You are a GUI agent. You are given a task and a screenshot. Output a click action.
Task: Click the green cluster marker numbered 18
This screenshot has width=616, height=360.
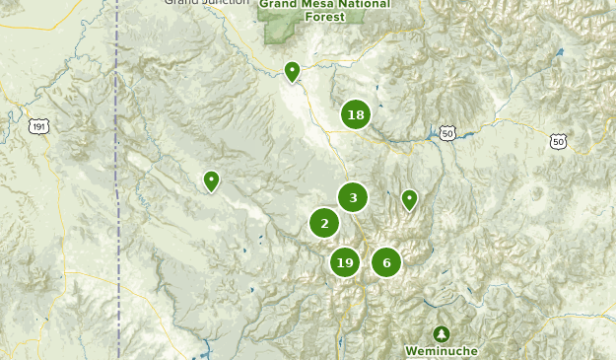click(356, 115)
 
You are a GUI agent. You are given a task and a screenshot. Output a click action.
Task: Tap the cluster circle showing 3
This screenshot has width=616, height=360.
click(353, 198)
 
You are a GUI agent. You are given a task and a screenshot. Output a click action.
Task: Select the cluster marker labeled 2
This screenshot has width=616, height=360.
click(324, 224)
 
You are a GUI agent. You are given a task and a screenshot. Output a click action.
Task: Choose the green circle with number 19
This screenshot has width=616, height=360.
click(344, 262)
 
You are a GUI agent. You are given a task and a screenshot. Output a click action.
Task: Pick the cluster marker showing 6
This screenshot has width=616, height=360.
click(386, 262)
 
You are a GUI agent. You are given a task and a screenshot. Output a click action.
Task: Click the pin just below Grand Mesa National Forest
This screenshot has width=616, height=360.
click(292, 71)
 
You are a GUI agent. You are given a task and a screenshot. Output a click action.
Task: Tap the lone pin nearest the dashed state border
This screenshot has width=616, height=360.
click(211, 180)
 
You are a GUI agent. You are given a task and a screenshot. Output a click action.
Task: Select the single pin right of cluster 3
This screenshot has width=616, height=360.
click(409, 199)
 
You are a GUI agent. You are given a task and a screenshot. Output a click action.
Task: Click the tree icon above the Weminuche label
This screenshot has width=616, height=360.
click(442, 333)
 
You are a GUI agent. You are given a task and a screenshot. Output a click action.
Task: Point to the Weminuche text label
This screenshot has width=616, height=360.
click(442, 351)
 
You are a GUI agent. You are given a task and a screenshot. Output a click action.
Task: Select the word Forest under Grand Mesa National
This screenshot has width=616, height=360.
click(324, 16)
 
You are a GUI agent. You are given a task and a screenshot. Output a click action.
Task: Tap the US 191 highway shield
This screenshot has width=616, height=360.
click(38, 127)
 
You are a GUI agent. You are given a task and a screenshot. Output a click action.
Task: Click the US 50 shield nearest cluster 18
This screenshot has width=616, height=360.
click(448, 133)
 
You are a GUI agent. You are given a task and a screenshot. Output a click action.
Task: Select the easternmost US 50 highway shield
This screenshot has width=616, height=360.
click(559, 142)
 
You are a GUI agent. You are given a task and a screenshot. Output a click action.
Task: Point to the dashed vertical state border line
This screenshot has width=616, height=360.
click(117, 197)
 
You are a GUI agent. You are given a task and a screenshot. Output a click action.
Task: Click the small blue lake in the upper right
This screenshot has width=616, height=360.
click(560, 52)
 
